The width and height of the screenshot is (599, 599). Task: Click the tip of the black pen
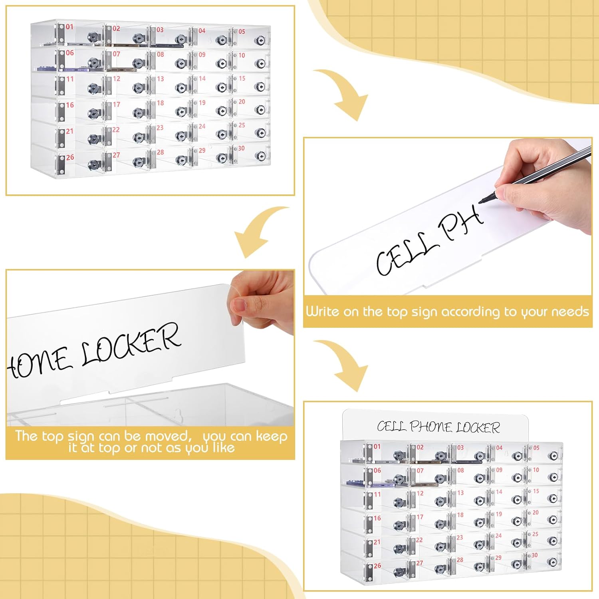pyautogui.click(x=480, y=202)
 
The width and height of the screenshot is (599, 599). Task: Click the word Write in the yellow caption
pyautogui.click(x=323, y=311)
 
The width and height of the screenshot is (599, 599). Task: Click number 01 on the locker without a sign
pyautogui.click(x=70, y=27)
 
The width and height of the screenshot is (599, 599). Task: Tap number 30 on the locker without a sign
pyautogui.click(x=241, y=148)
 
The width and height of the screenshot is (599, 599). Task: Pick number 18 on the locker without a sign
pyautogui.click(x=160, y=103)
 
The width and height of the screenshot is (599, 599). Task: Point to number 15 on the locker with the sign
pyautogui.click(x=536, y=491)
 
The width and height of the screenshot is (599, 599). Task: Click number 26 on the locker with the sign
pyautogui.click(x=377, y=566)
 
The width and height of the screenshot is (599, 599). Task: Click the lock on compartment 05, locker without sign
pyautogui.click(x=260, y=40)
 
